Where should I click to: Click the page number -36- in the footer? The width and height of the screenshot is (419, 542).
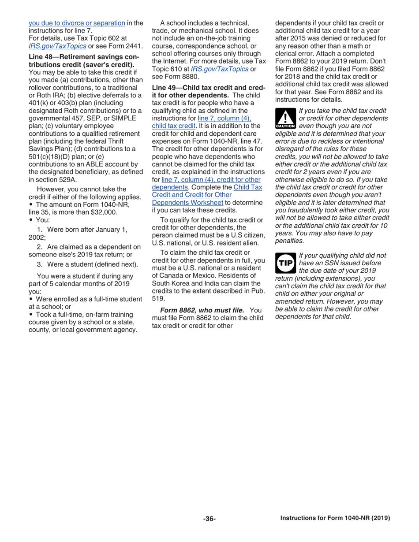[x=209, y=519]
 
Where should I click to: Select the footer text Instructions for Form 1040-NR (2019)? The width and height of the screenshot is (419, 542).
[x=335, y=518]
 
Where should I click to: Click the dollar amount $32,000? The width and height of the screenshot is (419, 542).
[x=105, y=211]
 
